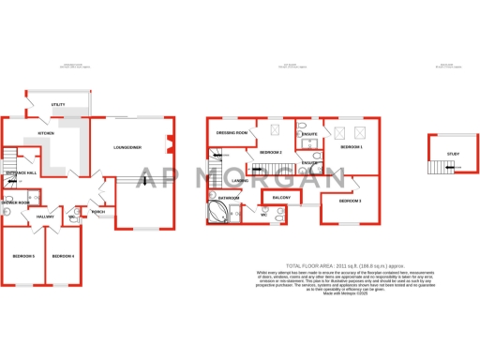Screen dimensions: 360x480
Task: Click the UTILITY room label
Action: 57,103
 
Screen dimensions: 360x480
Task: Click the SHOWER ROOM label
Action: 15,202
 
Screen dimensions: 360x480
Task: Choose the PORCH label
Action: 98,212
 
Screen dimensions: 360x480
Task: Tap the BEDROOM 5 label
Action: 23,256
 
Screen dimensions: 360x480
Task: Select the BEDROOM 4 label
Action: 63,256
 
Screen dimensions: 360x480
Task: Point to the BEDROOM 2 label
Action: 271,152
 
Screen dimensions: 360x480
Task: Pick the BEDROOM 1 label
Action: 351,147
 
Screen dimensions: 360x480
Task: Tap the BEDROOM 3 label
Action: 350,202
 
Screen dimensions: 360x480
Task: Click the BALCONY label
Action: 281,199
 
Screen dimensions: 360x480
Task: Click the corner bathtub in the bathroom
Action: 217,213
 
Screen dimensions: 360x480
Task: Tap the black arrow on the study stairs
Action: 453,170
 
